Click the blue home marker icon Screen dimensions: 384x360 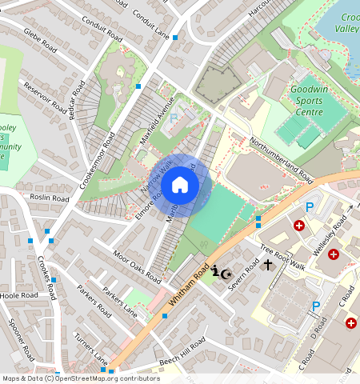(x=180, y=185)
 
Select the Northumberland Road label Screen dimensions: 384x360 (x=280, y=155)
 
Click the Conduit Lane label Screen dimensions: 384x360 (x=153, y=26)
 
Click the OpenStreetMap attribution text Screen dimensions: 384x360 (x=81, y=378)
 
